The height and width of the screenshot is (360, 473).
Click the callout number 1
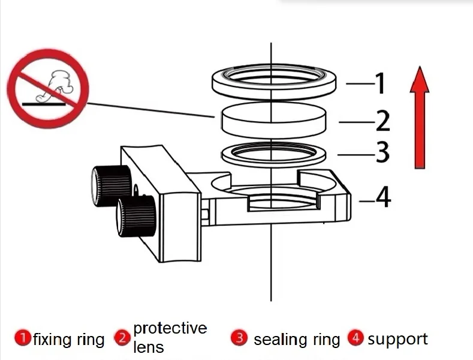(380, 83)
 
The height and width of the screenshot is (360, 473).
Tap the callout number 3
(382, 153)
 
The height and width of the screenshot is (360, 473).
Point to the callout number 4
(383, 197)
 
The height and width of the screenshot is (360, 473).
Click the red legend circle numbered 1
(23, 338)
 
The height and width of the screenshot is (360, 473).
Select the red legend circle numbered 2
(123, 338)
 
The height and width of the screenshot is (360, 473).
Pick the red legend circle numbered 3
(239, 338)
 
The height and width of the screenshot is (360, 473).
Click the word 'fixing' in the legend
(52, 340)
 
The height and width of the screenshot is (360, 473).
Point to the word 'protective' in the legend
(170, 329)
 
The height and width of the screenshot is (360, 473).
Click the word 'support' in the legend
(397, 340)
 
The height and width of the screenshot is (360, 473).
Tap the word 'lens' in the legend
(148, 346)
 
